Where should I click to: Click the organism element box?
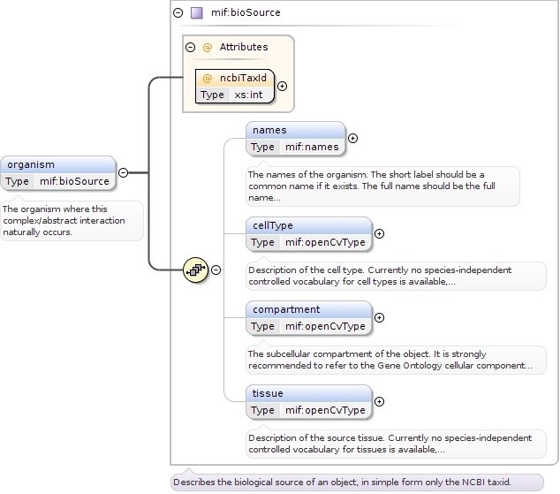pyautogui.click(x=58, y=172)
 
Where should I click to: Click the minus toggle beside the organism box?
pyautogui.click(x=123, y=173)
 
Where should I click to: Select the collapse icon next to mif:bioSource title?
pyautogui.click(x=178, y=13)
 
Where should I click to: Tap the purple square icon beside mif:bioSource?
pyautogui.click(x=197, y=13)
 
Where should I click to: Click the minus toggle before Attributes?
pyautogui.click(x=190, y=47)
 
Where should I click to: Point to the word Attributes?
pyautogui.click(x=244, y=47)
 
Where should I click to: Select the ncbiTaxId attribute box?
pyautogui.click(x=235, y=86)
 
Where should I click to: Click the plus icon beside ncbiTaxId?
pyautogui.click(x=282, y=86)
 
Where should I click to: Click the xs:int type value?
pyautogui.click(x=247, y=95)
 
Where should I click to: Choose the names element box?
pyautogui.click(x=295, y=138)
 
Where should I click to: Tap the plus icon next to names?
pyautogui.click(x=353, y=138)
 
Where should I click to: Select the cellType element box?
pyautogui.click(x=308, y=233)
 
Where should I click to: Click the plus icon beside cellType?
pyautogui.click(x=380, y=234)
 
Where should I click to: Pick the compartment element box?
pyautogui.click(x=308, y=317)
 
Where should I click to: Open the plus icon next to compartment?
pyautogui.click(x=380, y=317)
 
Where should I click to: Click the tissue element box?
pyautogui.click(x=308, y=401)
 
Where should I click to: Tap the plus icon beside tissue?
pyautogui.click(x=380, y=401)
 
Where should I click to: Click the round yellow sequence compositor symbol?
pyautogui.click(x=195, y=270)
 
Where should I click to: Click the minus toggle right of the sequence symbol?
pyautogui.click(x=216, y=270)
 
